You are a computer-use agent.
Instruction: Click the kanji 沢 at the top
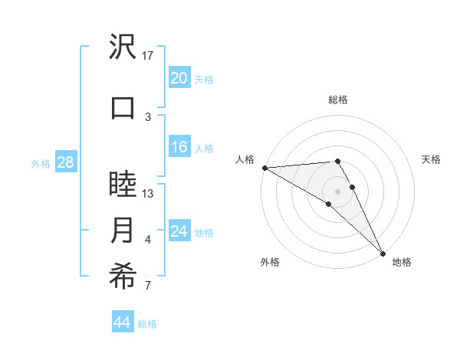pos(123,47)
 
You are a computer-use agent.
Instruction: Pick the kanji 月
pos(123,231)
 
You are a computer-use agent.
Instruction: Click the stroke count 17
pos(148,55)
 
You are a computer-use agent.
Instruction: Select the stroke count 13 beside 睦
pos(148,193)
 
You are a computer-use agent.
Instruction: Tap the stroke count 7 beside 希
pos(148,286)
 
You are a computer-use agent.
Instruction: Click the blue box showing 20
pos(179,78)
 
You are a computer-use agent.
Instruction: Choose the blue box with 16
pos(179,147)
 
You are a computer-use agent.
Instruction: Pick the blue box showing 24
pos(179,231)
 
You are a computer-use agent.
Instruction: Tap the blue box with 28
pos(64,162)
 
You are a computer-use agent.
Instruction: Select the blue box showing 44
pos(122,322)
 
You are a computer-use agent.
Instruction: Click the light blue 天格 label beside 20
pos(204,79)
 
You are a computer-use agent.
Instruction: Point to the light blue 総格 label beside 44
pos(147,323)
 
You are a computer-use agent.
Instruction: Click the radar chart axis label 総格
pos(337,100)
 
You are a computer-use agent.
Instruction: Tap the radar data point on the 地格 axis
pos(382,252)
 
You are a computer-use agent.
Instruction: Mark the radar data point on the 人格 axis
pos(264,168)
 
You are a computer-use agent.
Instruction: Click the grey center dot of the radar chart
pos(337,191)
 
